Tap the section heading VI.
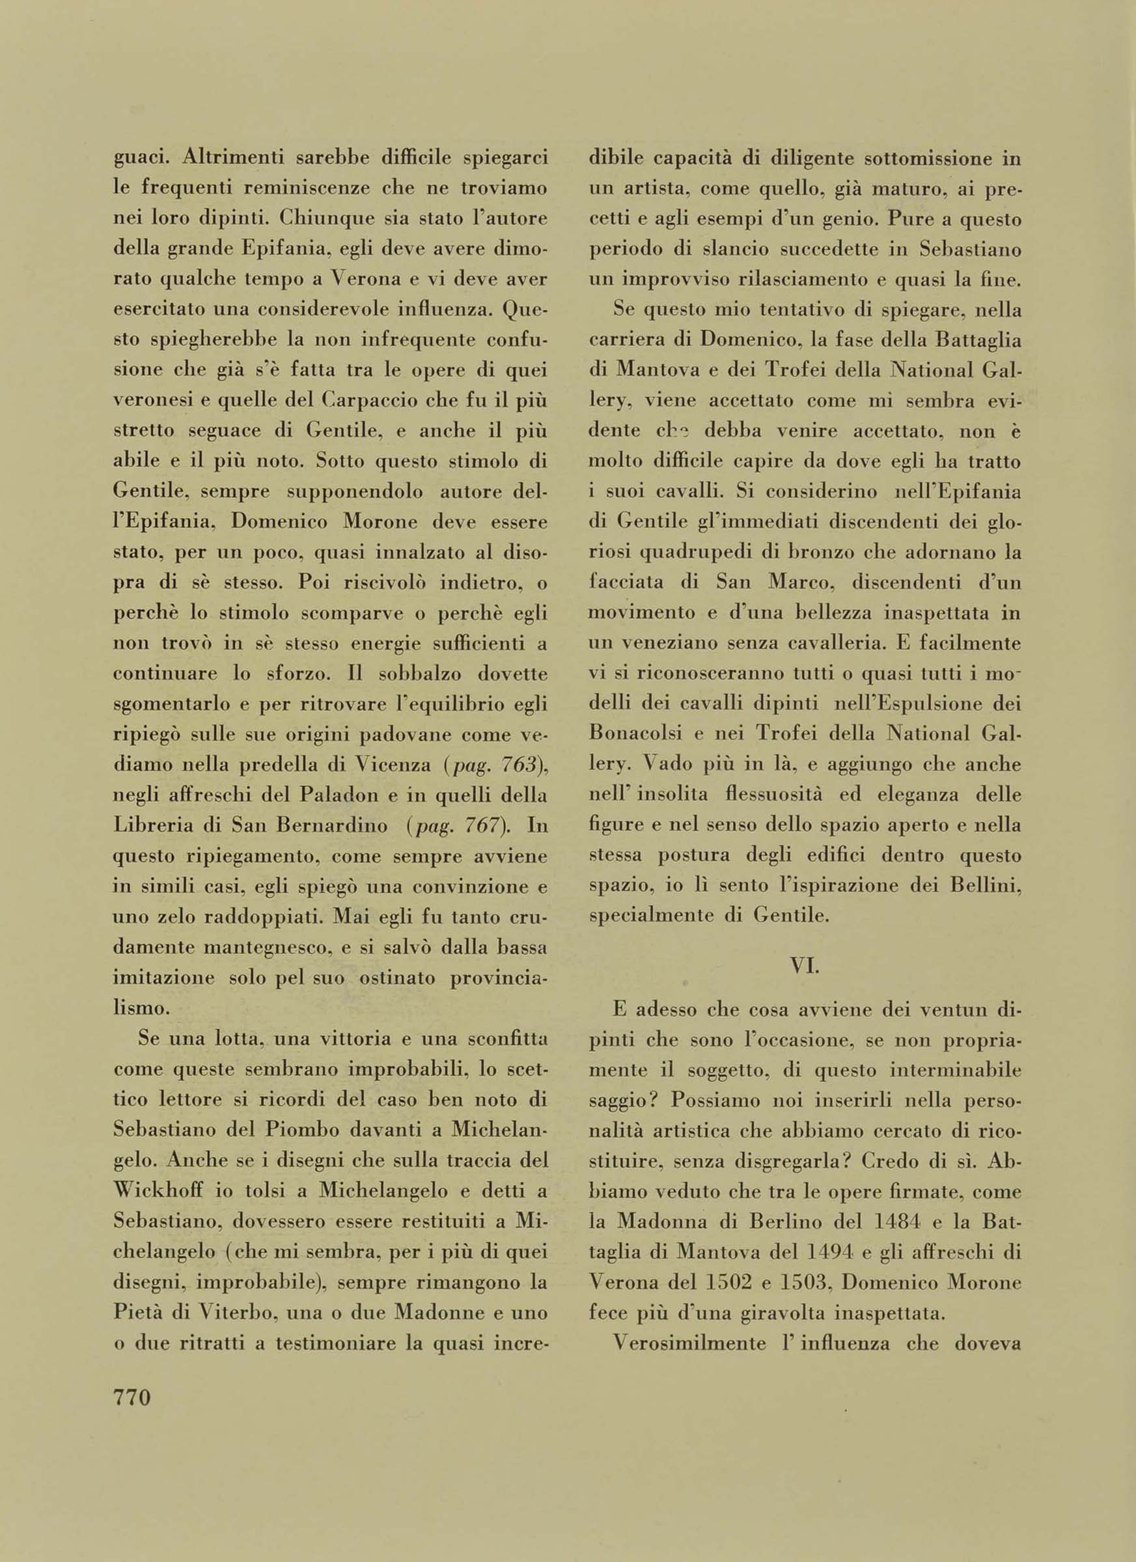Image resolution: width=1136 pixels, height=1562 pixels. click(x=804, y=965)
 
